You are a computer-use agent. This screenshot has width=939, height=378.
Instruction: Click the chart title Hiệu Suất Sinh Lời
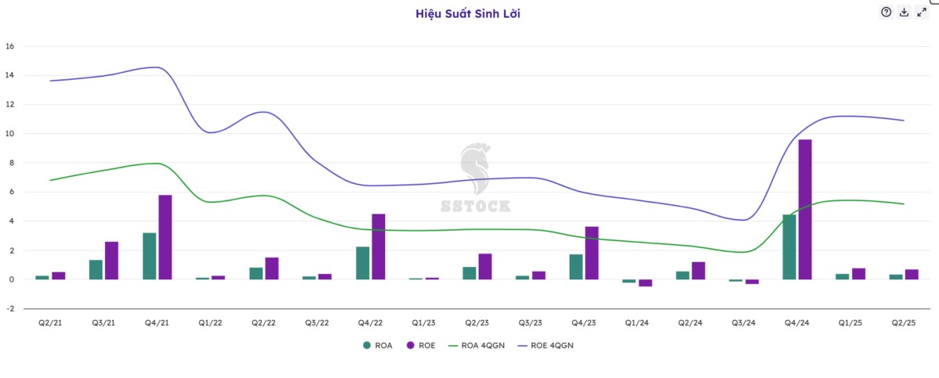[x=468, y=13]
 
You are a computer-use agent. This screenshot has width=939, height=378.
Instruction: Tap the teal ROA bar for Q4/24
[x=789, y=247]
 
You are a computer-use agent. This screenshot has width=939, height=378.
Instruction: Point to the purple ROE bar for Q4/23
[x=592, y=253]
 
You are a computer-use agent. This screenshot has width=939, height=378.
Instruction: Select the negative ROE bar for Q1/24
[x=645, y=283]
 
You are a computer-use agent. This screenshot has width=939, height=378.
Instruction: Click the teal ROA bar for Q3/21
[x=95, y=269]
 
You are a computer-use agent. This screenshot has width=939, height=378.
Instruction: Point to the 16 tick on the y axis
[x=9, y=46]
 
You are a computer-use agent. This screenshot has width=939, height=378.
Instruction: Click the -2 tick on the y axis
[x=9, y=308]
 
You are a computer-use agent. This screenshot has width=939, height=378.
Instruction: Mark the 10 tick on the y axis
[x=9, y=134]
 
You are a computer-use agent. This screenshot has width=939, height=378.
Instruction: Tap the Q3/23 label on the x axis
[x=530, y=323]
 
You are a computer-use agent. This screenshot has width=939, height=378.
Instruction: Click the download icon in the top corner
[x=904, y=12]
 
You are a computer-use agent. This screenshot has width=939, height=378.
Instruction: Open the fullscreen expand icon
[x=922, y=12]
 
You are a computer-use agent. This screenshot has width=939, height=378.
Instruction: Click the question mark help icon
[x=886, y=12]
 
